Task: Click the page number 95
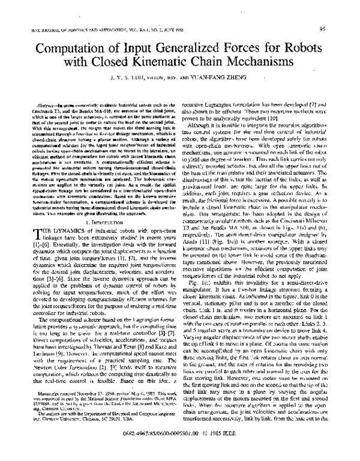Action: pos(339,28)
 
